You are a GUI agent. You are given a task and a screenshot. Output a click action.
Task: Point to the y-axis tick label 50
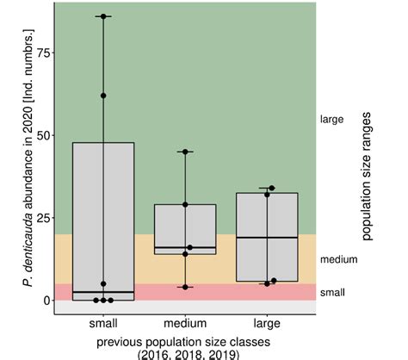(39, 134)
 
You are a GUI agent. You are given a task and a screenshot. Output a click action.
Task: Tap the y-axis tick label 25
(39, 217)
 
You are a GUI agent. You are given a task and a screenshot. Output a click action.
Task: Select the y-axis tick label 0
(42, 300)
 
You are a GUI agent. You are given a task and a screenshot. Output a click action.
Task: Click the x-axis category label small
(102, 324)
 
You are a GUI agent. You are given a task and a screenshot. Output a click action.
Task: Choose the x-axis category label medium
(185, 324)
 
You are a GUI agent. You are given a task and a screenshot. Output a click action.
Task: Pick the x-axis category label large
(267, 324)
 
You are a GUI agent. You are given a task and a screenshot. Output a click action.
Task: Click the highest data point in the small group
(103, 16)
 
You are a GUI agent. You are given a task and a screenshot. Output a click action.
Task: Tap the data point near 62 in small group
(103, 96)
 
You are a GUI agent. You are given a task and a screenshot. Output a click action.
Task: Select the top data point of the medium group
(185, 152)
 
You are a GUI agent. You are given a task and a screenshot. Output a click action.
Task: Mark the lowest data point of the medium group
(185, 287)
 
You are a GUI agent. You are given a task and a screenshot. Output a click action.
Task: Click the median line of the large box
(267, 237)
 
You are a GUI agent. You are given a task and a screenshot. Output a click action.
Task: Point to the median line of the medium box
(185, 247)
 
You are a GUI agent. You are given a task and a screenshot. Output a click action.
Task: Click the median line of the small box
(102, 293)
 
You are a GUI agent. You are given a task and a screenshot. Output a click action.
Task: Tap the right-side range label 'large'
(331, 119)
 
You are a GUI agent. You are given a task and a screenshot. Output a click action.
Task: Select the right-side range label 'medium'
(337, 258)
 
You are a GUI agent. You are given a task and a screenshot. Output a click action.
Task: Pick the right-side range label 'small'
(332, 292)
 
